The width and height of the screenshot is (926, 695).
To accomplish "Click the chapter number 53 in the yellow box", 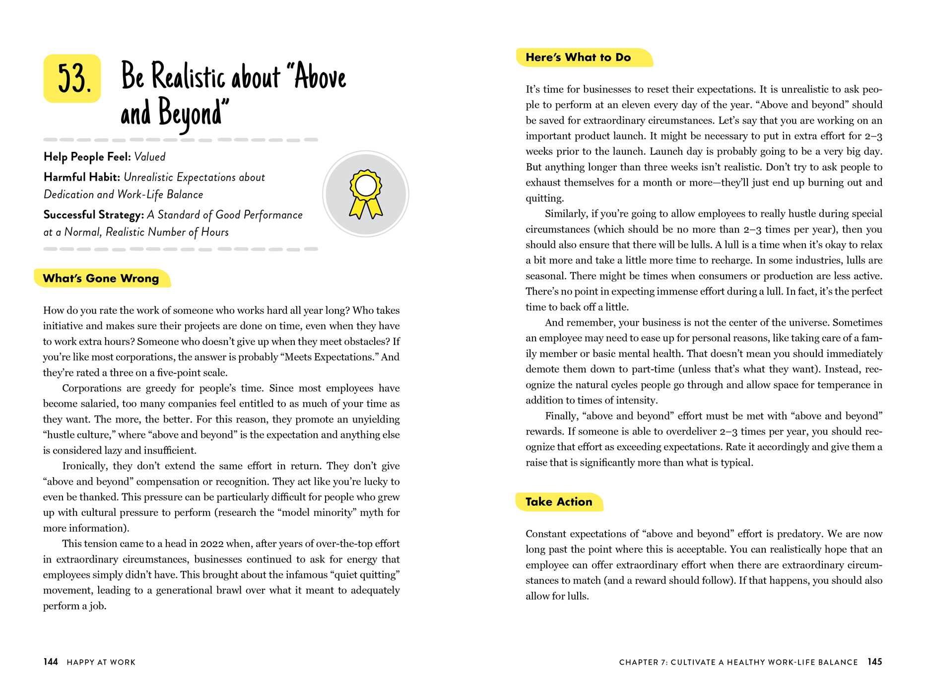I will pos(73,78).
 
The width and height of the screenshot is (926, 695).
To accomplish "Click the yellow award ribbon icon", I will pos(366,194).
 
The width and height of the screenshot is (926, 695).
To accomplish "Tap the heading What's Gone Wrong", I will pos(101,278).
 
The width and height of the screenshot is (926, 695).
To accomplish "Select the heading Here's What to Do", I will pos(578,58).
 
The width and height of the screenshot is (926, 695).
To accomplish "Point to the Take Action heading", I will pos(559,502).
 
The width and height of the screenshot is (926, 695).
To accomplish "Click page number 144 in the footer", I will pos(51,662).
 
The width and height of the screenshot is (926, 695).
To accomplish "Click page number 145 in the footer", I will pos(874,662).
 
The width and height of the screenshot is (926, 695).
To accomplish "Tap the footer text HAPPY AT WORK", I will pos(101,662).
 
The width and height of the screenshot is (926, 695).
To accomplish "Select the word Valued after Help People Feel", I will pos(150,157).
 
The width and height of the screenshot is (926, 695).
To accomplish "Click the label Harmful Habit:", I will pos(82,177).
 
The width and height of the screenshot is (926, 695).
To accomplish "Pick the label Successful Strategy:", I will pos(94,214).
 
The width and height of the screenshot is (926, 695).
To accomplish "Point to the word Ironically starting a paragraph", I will pos(84,466).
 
